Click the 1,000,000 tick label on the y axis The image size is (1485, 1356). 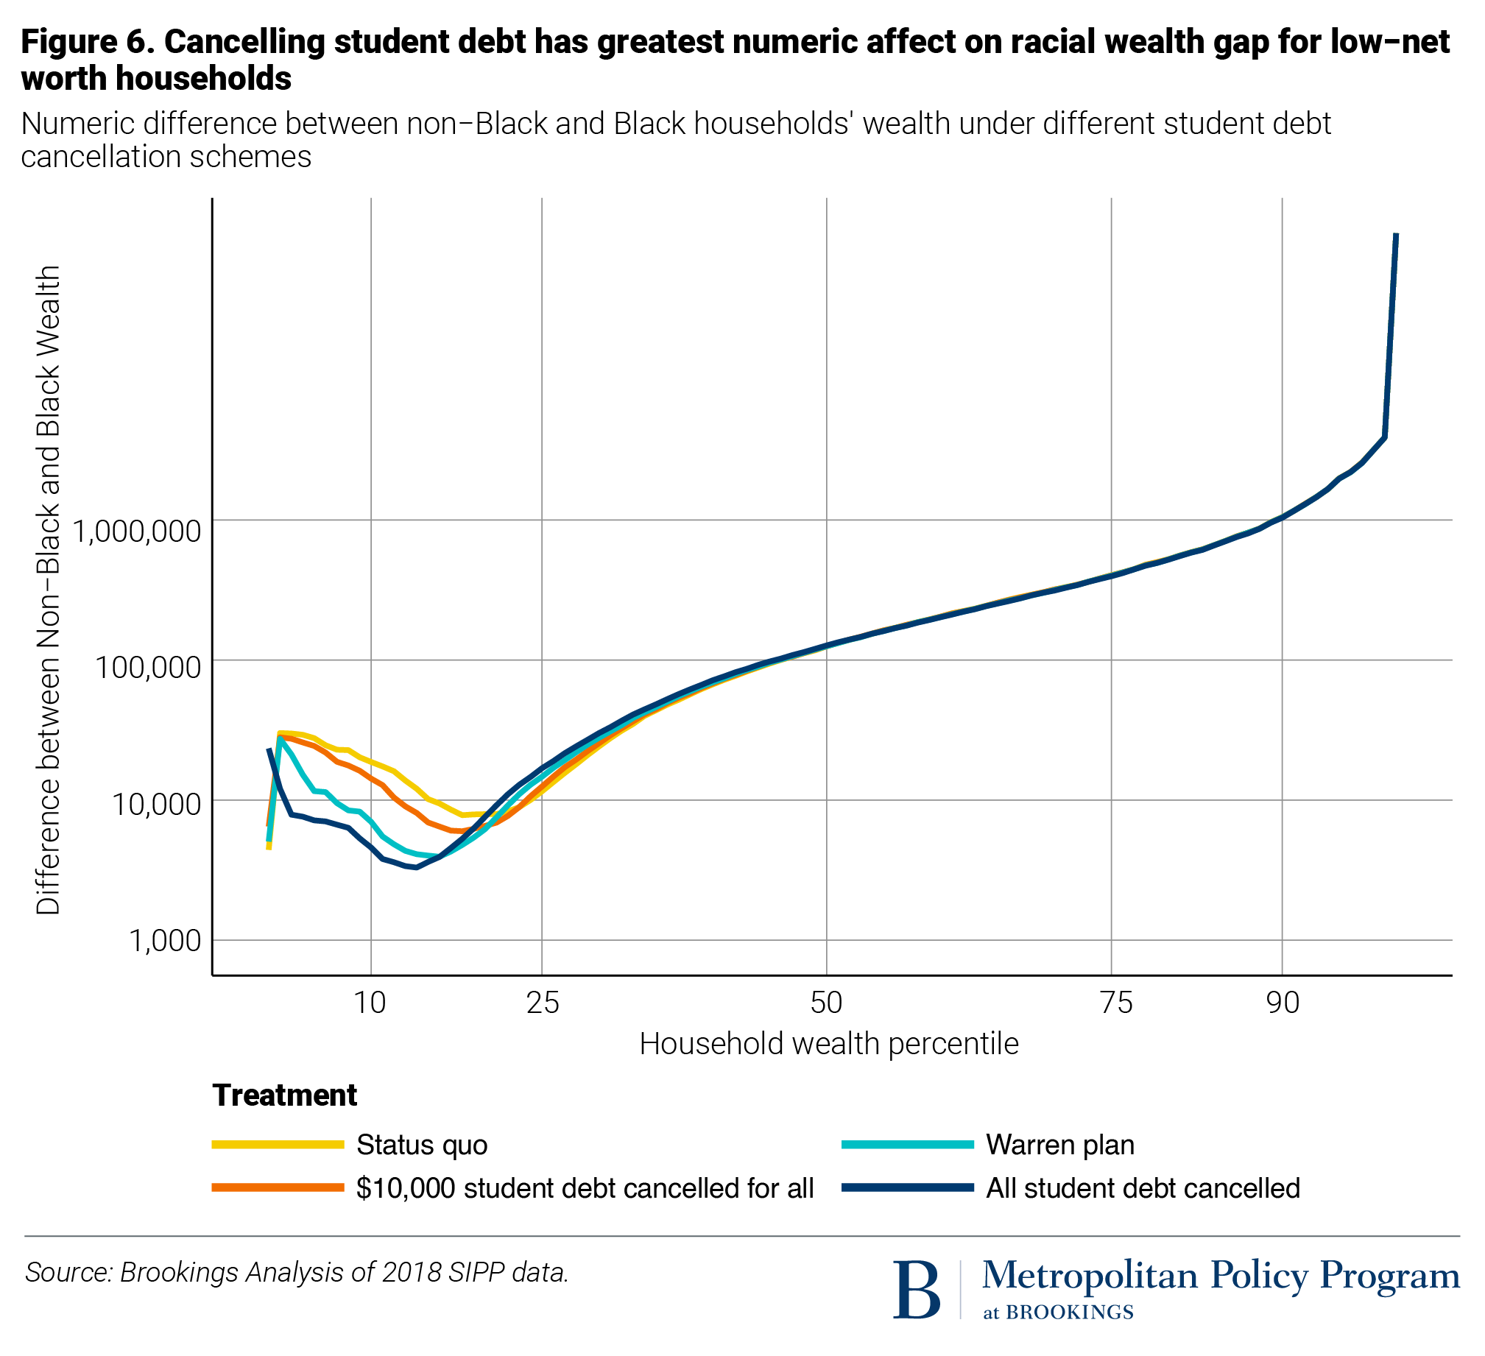point(137,530)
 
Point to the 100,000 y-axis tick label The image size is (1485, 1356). point(148,667)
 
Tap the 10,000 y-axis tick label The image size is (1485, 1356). point(155,804)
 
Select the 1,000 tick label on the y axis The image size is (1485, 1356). point(165,941)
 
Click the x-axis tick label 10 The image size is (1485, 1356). point(370,1003)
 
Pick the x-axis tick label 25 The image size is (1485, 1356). point(543,1003)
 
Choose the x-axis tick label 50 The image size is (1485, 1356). point(827,1003)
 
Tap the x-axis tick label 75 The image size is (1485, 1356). point(1116,1003)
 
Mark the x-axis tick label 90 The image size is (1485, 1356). point(1283,1003)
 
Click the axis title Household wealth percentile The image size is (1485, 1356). point(829,1044)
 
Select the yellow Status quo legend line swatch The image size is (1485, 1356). point(278,1145)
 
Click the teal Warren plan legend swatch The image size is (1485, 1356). point(908,1145)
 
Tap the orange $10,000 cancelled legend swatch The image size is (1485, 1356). point(278,1188)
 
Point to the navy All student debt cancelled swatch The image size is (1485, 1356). point(908,1188)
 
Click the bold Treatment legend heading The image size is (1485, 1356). point(284,1095)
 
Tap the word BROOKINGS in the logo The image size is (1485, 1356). point(1069,1313)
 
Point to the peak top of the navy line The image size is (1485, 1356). point(1396,235)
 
